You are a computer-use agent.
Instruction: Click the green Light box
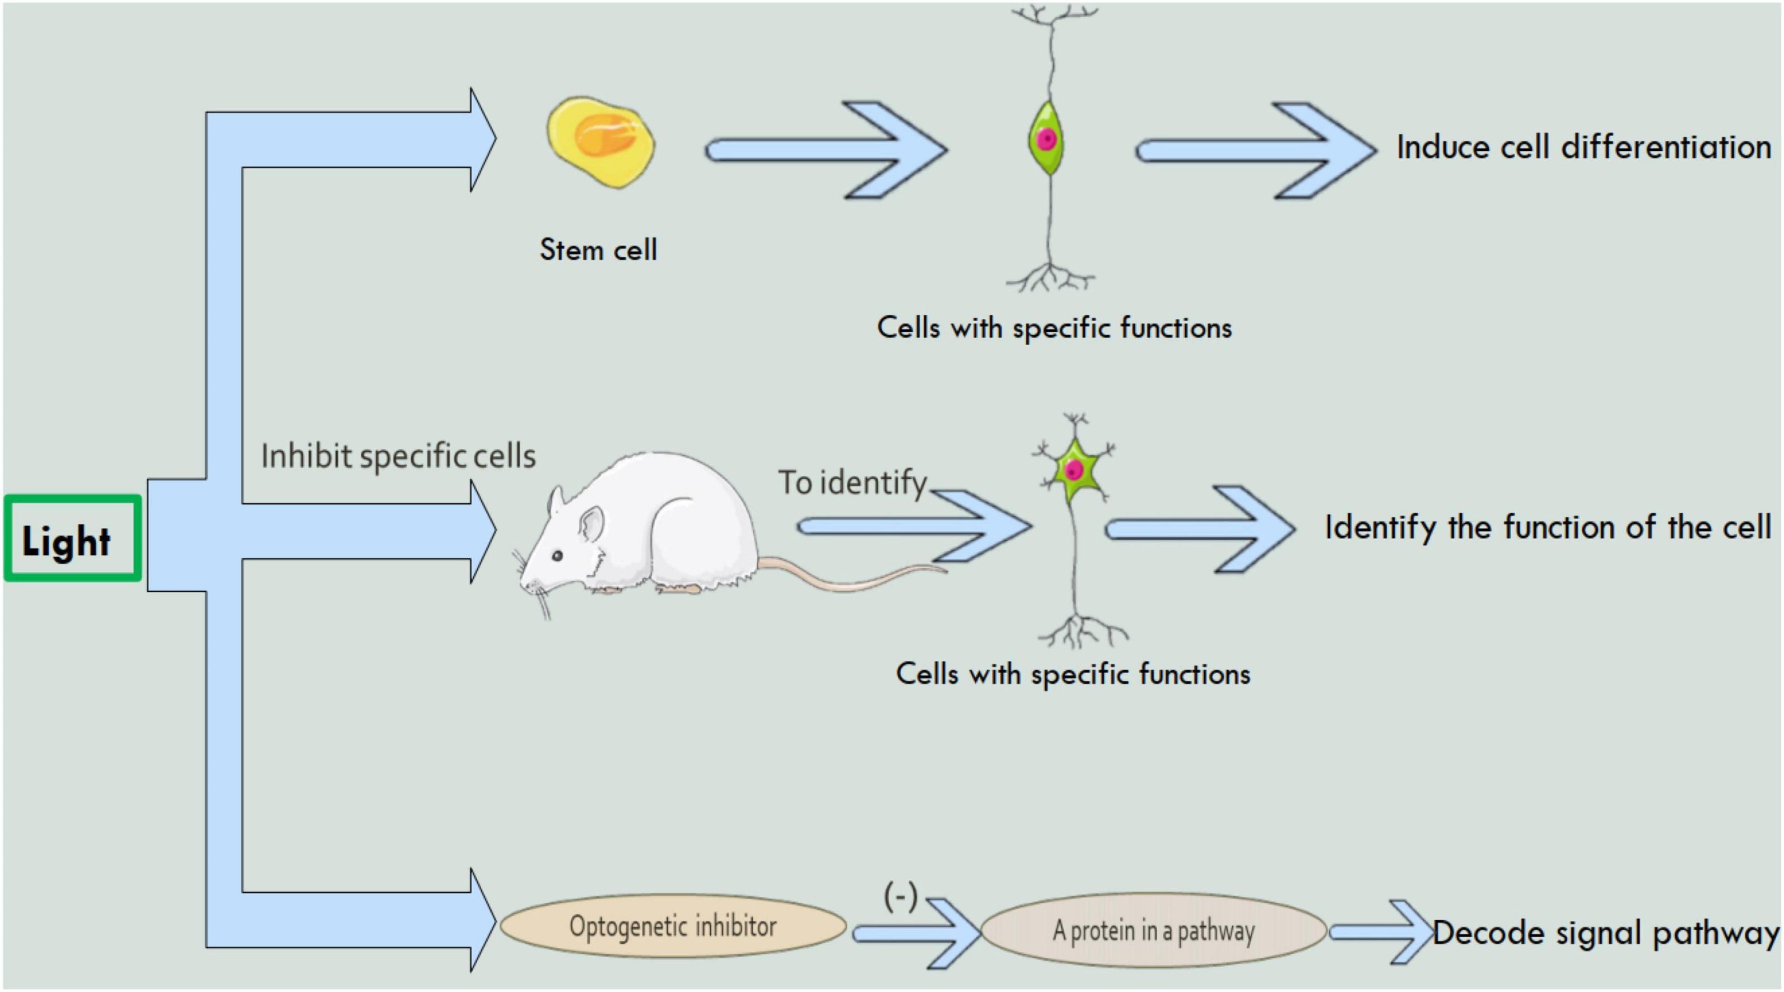72,538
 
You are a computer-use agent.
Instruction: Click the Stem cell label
598,249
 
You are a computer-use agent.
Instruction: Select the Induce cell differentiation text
1582,147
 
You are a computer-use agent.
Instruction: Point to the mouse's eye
557,555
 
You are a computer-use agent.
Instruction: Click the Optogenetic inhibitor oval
673,926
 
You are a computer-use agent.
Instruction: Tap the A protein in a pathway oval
1153,930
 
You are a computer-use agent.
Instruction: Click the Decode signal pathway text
1605,933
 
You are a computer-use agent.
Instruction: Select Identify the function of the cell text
1547,527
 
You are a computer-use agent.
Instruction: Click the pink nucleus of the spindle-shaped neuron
1046,139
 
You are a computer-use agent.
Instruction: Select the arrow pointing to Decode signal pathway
1382,933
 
